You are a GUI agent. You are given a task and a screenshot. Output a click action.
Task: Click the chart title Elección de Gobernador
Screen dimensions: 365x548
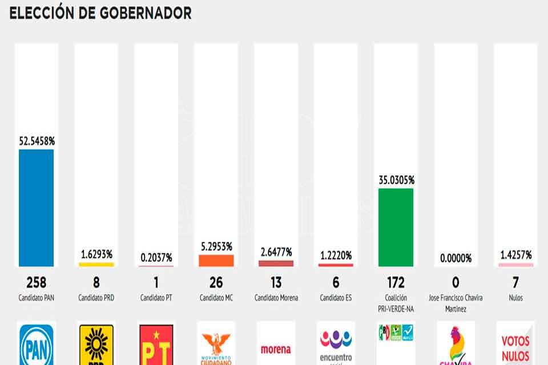tap(100, 13)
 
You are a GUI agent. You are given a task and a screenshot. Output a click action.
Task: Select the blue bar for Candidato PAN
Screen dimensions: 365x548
tap(37, 208)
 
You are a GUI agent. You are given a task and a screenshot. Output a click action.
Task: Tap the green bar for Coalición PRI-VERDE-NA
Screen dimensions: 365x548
tap(396, 228)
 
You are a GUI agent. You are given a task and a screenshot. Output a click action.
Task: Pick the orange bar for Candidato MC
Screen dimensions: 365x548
tap(216, 261)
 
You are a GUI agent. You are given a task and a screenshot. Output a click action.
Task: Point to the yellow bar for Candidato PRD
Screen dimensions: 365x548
tap(96, 265)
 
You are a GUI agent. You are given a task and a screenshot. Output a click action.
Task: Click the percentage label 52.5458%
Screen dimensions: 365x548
tap(37, 140)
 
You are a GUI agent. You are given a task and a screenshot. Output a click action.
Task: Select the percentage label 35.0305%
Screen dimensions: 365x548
tap(396, 180)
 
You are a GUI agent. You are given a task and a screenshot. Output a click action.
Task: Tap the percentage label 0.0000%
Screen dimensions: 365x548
tap(456, 258)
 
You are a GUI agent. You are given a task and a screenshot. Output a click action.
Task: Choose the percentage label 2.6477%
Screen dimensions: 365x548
tap(276, 252)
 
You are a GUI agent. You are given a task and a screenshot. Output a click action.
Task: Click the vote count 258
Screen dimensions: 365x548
tap(37, 282)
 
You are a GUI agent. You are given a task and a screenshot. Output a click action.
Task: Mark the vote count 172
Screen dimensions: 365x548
tap(396, 282)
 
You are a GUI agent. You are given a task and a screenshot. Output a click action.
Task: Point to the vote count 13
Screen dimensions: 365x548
tap(276, 282)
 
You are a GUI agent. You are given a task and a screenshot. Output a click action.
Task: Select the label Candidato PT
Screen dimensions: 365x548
tap(156, 298)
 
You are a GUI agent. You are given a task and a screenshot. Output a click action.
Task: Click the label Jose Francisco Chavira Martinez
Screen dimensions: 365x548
tap(456, 302)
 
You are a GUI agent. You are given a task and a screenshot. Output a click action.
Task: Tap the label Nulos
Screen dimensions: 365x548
tap(515, 298)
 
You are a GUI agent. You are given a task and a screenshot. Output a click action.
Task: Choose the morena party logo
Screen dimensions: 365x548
tap(276, 348)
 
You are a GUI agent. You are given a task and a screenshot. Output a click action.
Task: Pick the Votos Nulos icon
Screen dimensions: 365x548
tap(515, 347)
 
